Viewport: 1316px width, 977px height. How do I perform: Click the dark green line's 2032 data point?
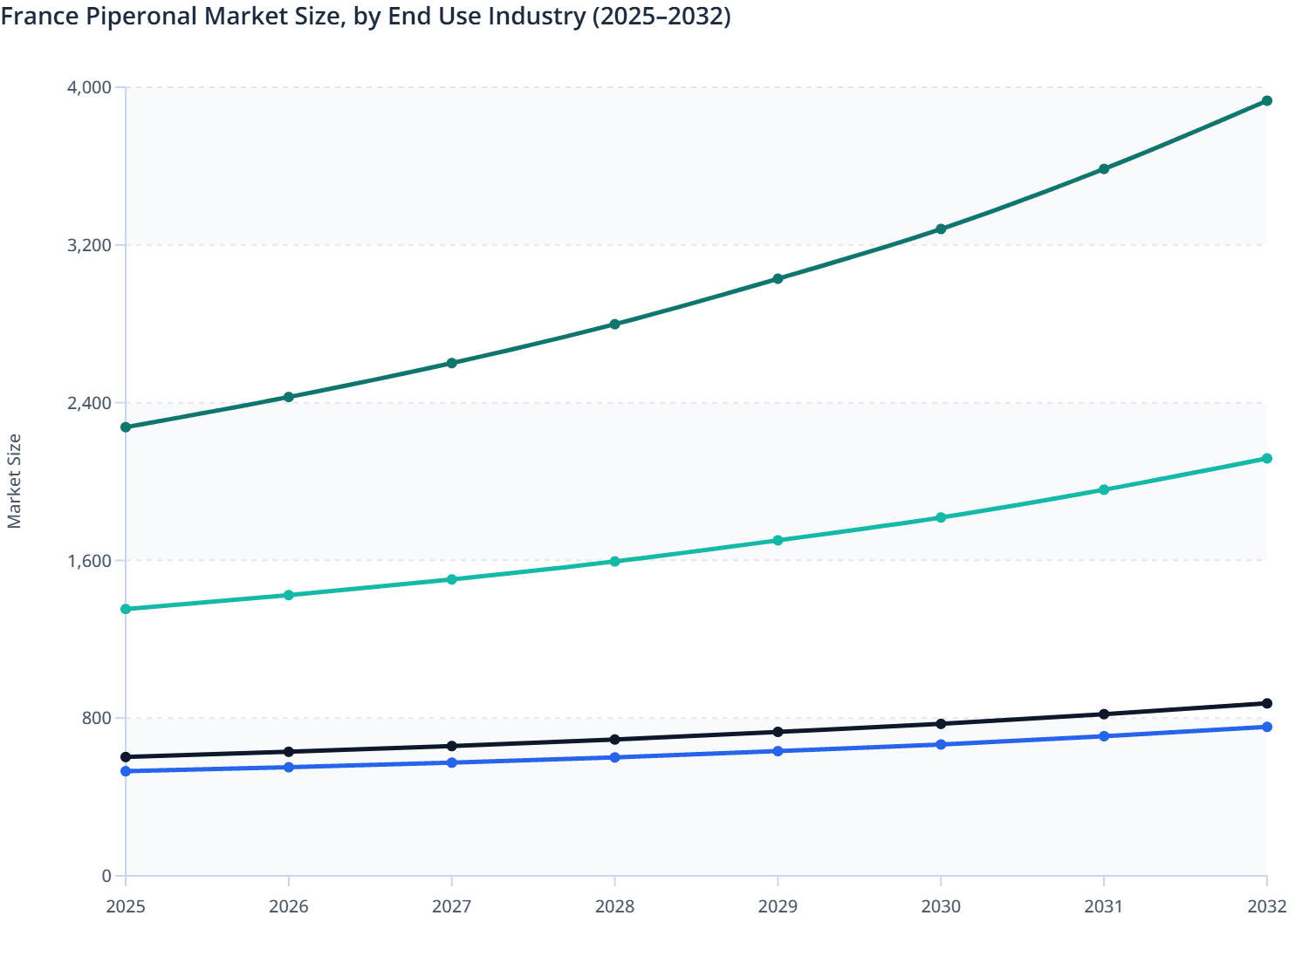(x=1266, y=101)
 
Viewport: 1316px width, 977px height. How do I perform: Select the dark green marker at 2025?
(x=126, y=427)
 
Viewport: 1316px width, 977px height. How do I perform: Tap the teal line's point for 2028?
(x=614, y=562)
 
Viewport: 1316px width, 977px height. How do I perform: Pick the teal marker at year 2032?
(x=1266, y=459)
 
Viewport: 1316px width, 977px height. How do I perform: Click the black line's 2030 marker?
(x=941, y=724)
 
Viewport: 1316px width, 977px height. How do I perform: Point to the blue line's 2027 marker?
(x=452, y=763)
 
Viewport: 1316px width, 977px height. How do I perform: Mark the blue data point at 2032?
(x=1266, y=728)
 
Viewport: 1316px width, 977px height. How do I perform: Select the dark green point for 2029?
(x=778, y=279)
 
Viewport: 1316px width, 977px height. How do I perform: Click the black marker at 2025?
(x=126, y=757)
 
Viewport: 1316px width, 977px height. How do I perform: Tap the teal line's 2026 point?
(x=289, y=596)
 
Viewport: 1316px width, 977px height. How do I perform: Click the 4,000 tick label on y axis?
(x=89, y=87)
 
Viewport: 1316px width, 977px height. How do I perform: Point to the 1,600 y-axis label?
(x=89, y=561)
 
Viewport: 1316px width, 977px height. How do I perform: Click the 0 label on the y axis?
(x=106, y=876)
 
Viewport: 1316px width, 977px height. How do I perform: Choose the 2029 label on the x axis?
(x=778, y=907)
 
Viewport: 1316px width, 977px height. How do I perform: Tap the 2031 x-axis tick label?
(x=1103, y=907)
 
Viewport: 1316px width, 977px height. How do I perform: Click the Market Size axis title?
(x=15, y=482)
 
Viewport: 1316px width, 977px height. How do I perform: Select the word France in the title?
(x=39, y=17)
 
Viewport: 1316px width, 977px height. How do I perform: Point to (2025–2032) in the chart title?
(x=661, y=17)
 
